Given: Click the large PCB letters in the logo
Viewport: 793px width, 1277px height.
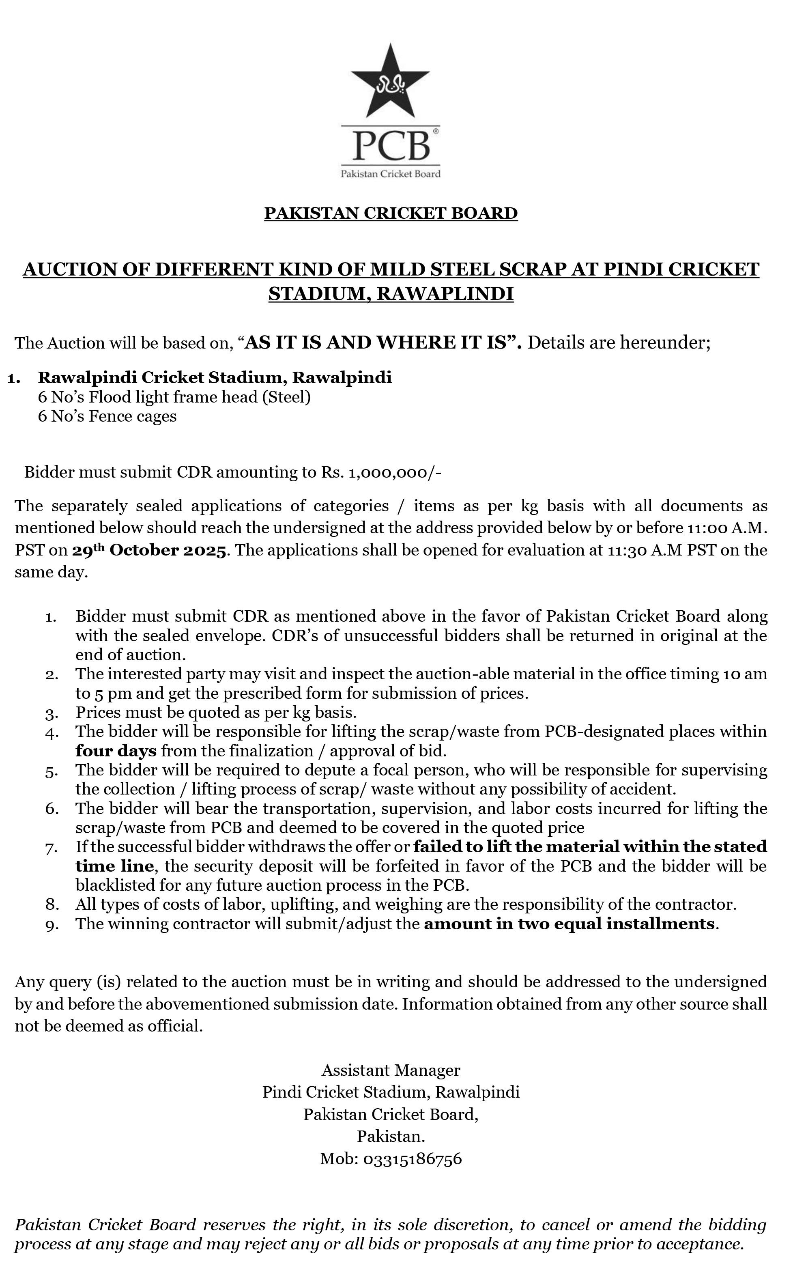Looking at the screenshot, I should (390, 146).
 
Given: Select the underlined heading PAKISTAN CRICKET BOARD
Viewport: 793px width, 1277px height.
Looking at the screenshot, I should (391, 213).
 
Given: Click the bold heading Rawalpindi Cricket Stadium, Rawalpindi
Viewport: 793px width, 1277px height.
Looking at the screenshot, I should (215, 377).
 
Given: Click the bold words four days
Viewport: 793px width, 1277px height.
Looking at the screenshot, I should (116, 751).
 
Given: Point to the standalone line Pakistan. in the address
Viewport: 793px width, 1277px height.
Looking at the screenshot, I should (391, 1136).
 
